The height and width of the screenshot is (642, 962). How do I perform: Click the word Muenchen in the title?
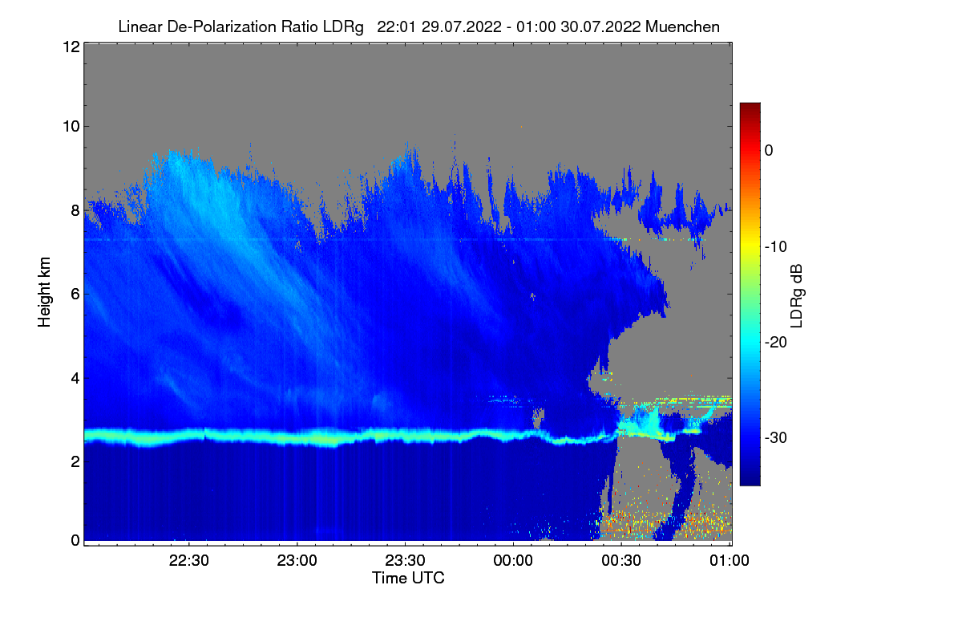[682, 26]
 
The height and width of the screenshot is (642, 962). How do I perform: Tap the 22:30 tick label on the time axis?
[189, 561]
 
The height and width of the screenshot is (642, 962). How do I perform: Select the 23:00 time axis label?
[297, 561]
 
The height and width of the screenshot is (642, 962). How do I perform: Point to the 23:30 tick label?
[406, 561]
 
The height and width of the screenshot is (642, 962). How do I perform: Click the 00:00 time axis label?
[513, 561]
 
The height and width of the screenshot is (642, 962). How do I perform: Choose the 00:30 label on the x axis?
[621, 561]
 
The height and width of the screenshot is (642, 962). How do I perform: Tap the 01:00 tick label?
[729, 561]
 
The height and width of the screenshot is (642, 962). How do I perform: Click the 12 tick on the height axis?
[70, 47]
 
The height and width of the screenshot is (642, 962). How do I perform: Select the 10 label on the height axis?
[70, 126]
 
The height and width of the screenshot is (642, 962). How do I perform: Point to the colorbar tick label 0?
[769, 151]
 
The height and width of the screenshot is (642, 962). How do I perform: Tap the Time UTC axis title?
[408, 578]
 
